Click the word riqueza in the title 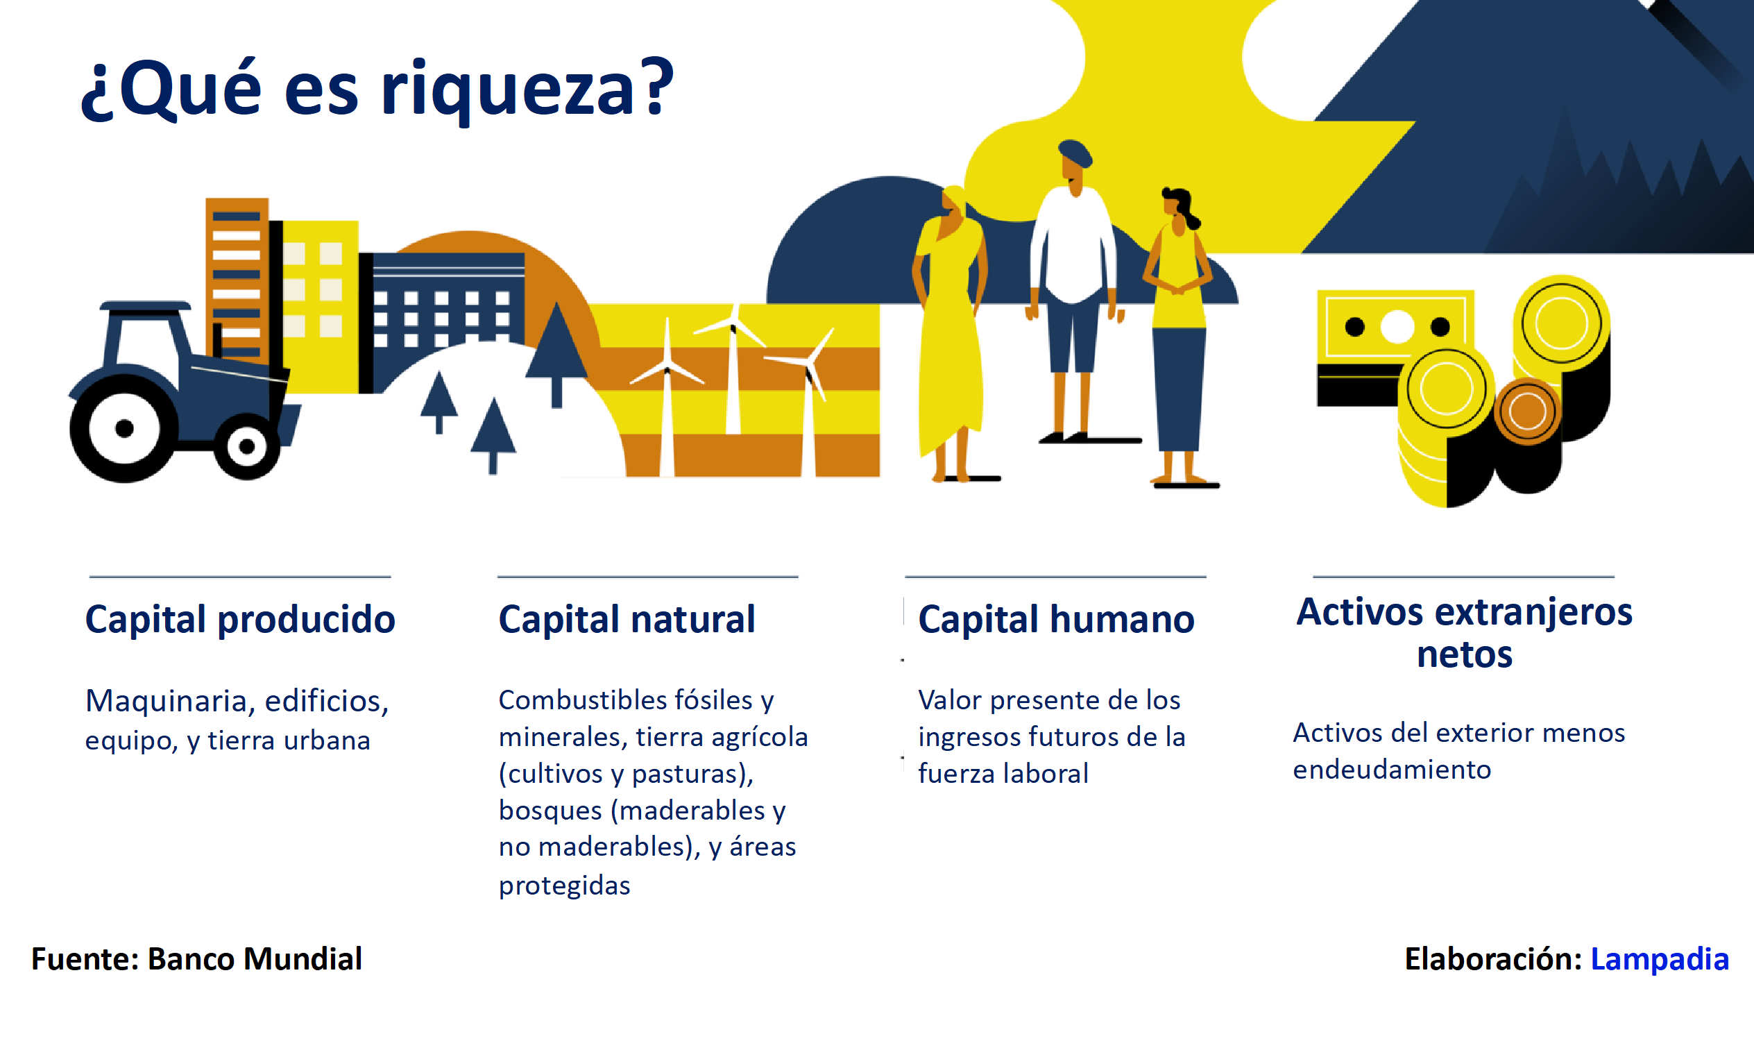point(507,91)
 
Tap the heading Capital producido point(240,620)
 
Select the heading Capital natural point(627,620)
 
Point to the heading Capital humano point(1056,620)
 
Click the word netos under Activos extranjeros point(1465,654)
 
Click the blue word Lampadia point(1660,958)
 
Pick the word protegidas point(565,886)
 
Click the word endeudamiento point(1392,770)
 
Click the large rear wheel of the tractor point(124,429)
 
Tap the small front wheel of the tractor point(246,446)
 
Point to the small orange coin point(1527,411)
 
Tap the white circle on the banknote point(1397,326)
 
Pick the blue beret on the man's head point(1075,152)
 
